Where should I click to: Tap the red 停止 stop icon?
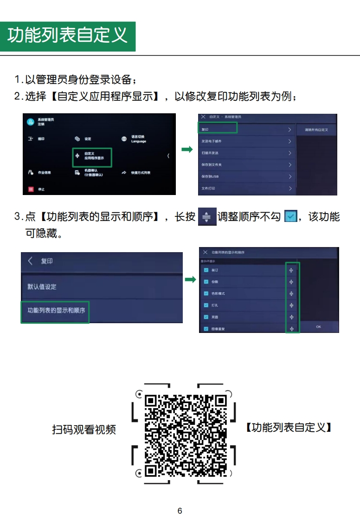[x=32, y=189]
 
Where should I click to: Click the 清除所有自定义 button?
[x=316, y=130]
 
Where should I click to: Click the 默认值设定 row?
[x=101, y=287]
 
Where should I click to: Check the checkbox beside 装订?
[x=206, y=270]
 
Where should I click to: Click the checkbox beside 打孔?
[x=206, y=305]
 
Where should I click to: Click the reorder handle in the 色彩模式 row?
[x=291, y=293]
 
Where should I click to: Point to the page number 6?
[x=180, y=511]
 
